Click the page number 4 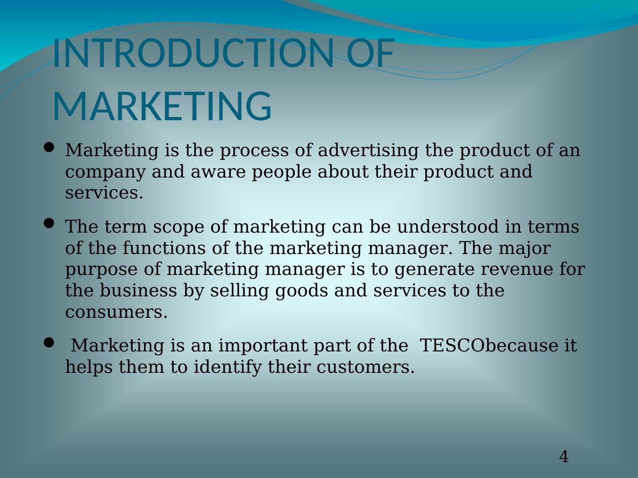click(564, 457)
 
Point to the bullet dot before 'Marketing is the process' click(49, 147)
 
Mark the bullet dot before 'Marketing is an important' click(49, 342)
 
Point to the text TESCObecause click(488, 346)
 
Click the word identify click(228, 367)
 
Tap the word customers click(365, 367)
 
